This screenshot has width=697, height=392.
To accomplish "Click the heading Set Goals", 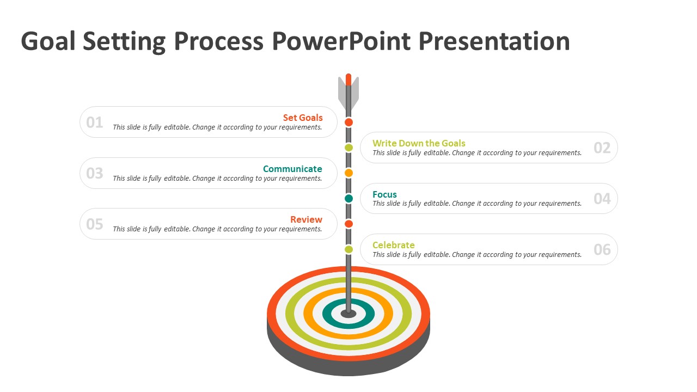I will pos(303,118).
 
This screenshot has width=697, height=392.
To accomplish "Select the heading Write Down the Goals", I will pos(419,143).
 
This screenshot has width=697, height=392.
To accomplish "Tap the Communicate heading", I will pos(292,169).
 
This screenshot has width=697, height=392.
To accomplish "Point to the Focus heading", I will pos(384,194).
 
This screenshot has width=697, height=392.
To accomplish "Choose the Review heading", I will pos(306,219).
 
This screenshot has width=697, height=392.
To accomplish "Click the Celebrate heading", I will pos(393,245).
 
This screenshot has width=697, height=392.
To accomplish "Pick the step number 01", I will pos(95,122).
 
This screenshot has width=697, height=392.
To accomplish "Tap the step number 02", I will pos(602,148).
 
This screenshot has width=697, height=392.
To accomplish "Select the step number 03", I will pos(95,173).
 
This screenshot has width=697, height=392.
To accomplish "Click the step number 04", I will pos(602,199).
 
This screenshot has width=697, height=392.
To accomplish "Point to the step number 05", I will pos(95,224).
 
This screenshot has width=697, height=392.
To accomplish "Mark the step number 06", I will pos(602,250).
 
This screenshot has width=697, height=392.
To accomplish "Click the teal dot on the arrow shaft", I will pos(348,198).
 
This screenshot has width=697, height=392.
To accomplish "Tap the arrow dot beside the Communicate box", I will pos(348,173).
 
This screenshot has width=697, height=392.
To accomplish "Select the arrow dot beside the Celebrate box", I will pos(348,249).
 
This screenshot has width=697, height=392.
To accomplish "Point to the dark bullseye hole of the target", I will pos(348,314).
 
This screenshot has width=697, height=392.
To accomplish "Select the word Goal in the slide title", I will pos(48,41).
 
